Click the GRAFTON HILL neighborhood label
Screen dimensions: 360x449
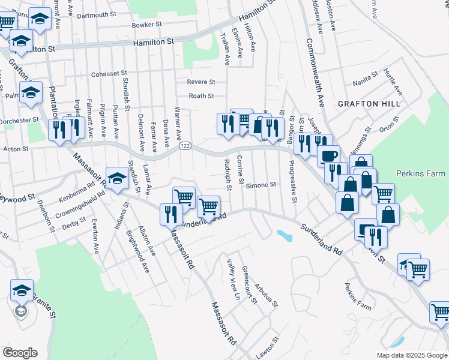click(x=369, y=104)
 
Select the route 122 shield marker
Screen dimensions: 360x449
click(x=184, y=146)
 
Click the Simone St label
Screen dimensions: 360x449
click(x=261, y=185)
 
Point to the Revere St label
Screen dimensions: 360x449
click(x=201, y=82)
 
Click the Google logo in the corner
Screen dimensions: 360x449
click(x=20, y=352)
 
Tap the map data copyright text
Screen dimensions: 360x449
click(x=412, y=355)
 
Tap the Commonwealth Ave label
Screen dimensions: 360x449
click(x=315, y=73)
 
